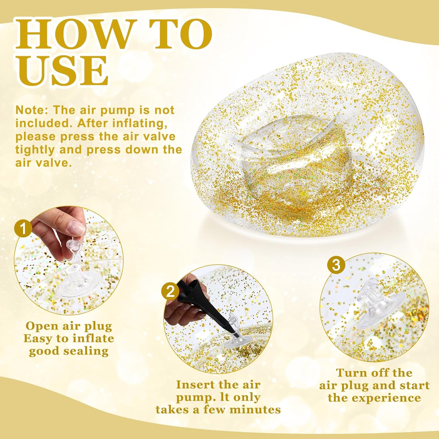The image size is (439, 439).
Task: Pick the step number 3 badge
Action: point(336,265)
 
